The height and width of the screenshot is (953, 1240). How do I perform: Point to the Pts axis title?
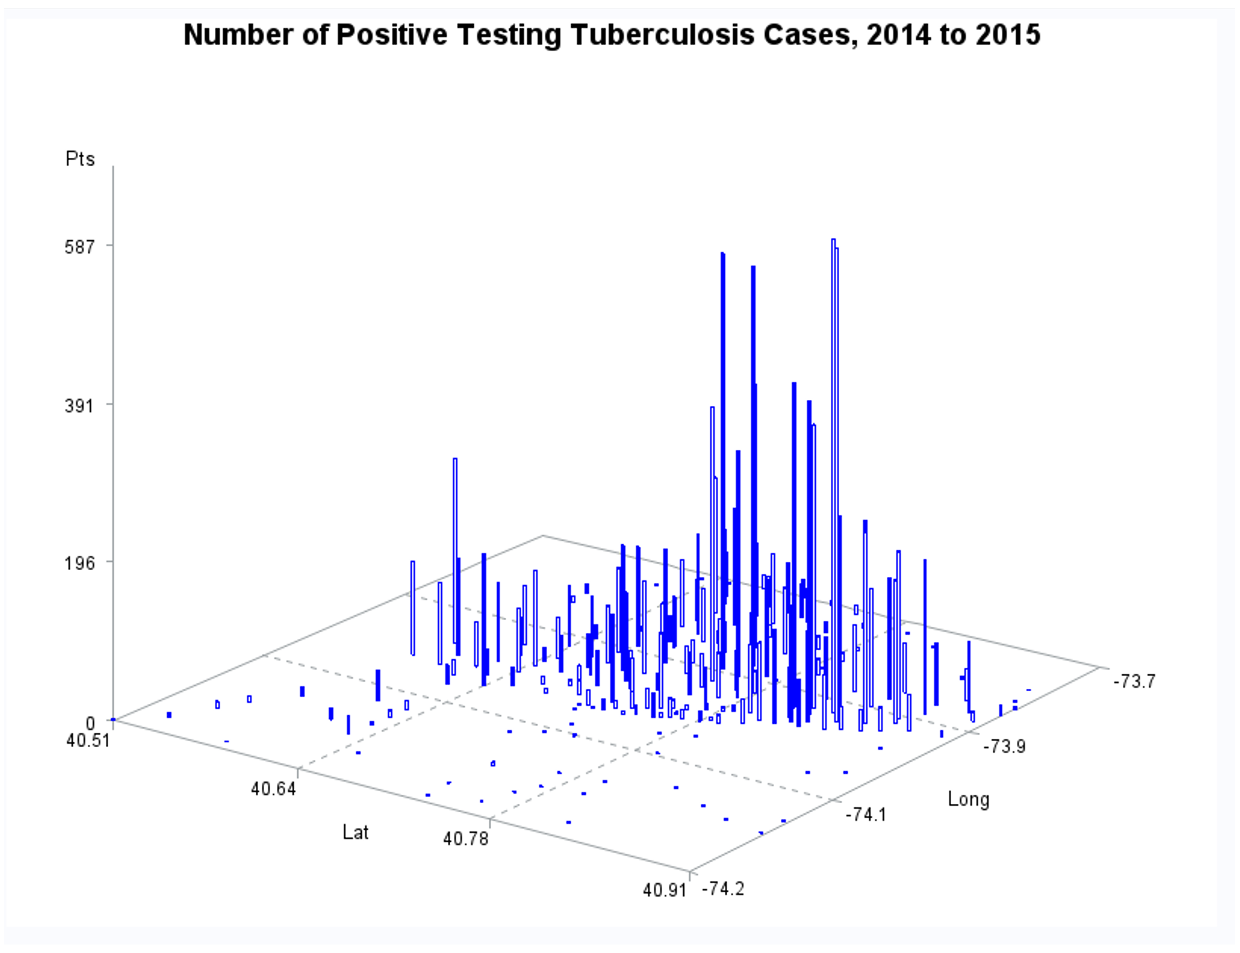(80, 159)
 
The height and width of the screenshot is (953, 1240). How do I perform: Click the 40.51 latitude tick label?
(88, 740)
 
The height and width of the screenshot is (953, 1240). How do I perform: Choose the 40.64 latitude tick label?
(274, 789)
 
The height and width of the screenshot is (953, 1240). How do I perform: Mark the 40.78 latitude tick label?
(465, 839)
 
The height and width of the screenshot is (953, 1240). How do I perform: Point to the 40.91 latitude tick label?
(664, 890)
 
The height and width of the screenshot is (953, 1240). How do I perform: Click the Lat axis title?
(356, 832)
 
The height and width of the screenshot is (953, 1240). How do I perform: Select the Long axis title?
(968, 800)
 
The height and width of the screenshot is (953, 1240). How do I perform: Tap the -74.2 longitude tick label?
(723, 888)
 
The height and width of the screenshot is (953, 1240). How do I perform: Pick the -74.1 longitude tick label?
(866, 815)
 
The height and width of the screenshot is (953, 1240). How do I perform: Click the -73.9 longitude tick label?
(1004, 746)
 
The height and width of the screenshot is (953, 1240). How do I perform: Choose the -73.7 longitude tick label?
(1134, 681)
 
